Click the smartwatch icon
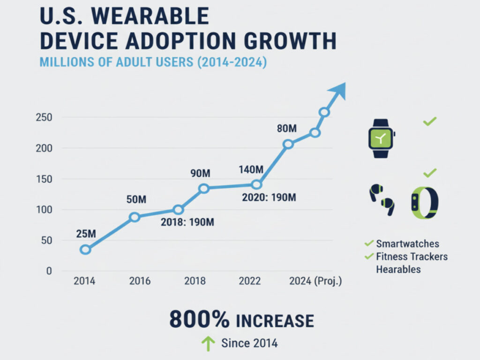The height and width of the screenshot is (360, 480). pyautogui.click(x=381, y=138)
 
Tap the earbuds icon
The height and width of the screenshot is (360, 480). pyautogui.click(x=382, y=200)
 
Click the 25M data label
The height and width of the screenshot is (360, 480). pyautogui.click(x=85, y=232)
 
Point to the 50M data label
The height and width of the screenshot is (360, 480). pyautogui.click(x=136, y=199)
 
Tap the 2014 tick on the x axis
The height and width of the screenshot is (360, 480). pyautogui.click(x=84, y=281)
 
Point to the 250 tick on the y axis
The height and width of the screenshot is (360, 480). pyautogui.click(x=43, y=117)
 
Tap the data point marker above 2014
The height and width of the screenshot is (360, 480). pyautogui.click(x=85, y=250)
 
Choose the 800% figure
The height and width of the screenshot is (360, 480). pyautogui.click(x=199, y=320)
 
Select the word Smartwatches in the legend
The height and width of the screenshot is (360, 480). pyautogui.click(x=407, y=244)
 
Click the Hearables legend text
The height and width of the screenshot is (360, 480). pyautogui.click(x=398, y=270)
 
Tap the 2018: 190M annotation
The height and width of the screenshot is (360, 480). pyautogui.click(x=188, y=222)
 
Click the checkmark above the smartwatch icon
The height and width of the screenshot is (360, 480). pyautogui.click(x=429, y=121)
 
